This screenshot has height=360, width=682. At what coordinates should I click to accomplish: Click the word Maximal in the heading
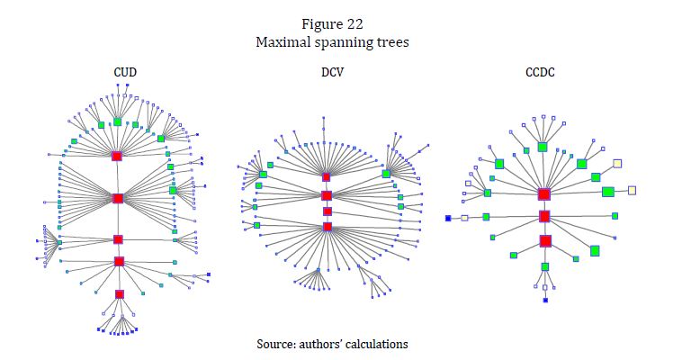281,42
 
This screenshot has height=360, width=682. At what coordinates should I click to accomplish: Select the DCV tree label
328,71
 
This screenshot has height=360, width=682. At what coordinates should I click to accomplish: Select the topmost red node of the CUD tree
117,157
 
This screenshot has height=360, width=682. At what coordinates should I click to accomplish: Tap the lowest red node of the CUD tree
119,294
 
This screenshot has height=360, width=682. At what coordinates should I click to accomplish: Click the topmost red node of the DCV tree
327,177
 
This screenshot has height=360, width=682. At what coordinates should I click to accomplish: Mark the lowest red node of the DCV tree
328,227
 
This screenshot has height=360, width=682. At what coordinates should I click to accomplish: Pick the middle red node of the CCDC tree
544,216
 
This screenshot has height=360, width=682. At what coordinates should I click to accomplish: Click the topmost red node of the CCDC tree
543,193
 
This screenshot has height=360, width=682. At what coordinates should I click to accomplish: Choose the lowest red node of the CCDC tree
545,240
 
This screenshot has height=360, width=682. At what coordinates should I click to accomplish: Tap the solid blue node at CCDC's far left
448,219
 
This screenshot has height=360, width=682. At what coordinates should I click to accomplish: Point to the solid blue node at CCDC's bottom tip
545,300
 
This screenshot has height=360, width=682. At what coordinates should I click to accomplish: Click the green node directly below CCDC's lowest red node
545,266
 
